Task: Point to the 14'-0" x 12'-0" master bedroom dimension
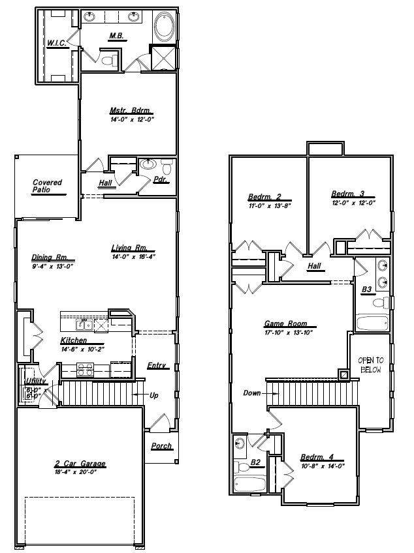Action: click(x=131, y=119)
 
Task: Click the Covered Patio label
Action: click(x=47, y=186)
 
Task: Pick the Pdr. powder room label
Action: click(x=161, y=179)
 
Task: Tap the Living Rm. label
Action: click(x=133, y=248)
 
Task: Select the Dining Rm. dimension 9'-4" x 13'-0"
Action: click(x=53, y=266)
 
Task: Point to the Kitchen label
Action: click(x=73, y=341)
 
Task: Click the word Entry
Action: click(x=156, y=365)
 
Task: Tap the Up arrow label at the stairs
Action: click(x=154, y=395)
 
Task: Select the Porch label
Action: click(x=161, y=446)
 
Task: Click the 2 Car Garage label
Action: click(x=80, y=464)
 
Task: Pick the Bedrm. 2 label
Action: click(x=264, y=197)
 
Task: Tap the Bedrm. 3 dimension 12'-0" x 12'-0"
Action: click(x=353, y=203)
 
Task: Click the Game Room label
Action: click(x=285, y=323)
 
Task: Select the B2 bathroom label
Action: click(x=257, y=464)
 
